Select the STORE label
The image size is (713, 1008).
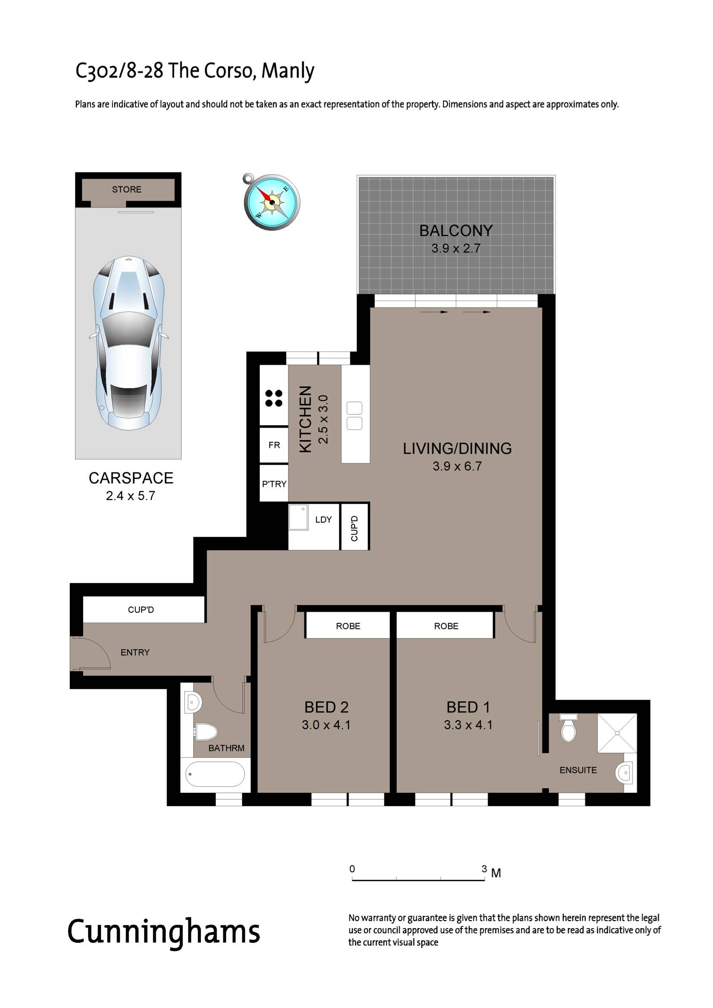126,189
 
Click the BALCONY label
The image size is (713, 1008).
455,231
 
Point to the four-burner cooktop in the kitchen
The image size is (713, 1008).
274,398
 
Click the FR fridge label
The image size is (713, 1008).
274,445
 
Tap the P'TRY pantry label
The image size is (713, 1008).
274,484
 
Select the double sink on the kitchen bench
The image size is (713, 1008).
355,415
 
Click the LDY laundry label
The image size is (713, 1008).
324,520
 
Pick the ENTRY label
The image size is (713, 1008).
135,652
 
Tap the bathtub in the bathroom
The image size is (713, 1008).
215,774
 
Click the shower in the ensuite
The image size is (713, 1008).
617,733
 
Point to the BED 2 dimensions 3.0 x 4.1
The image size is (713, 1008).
326,725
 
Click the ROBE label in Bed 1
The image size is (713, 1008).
446,626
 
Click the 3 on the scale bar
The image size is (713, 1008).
484,869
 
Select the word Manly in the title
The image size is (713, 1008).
288,71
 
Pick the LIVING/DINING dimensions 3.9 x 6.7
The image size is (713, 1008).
457,466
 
